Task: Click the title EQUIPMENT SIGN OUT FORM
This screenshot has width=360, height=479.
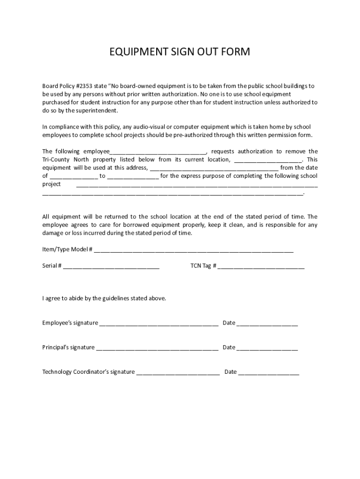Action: [180, 52]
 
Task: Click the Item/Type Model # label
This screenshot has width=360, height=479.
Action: [67, 249]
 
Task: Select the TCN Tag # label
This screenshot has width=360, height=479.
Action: [203, 266]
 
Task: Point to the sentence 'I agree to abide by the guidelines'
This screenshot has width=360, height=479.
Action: [104, 298]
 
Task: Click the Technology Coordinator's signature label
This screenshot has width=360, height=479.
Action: [88, 372]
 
